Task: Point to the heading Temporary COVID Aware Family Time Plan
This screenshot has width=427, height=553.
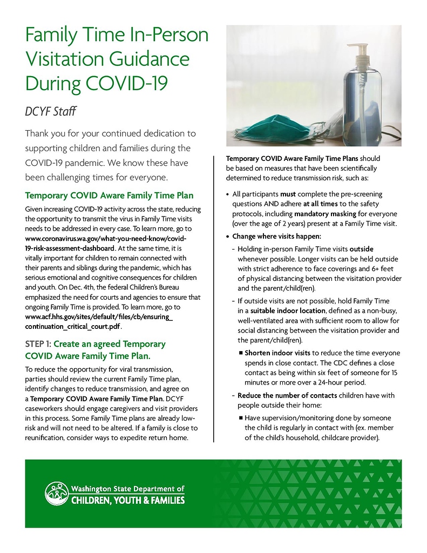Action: [110, 195]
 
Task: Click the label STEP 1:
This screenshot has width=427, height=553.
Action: [38, 344]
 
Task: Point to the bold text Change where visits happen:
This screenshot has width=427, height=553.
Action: [276, 236]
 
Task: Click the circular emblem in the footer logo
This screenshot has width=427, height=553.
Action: [56, 493]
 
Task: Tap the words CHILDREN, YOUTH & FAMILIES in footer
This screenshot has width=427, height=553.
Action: [128, 500]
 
